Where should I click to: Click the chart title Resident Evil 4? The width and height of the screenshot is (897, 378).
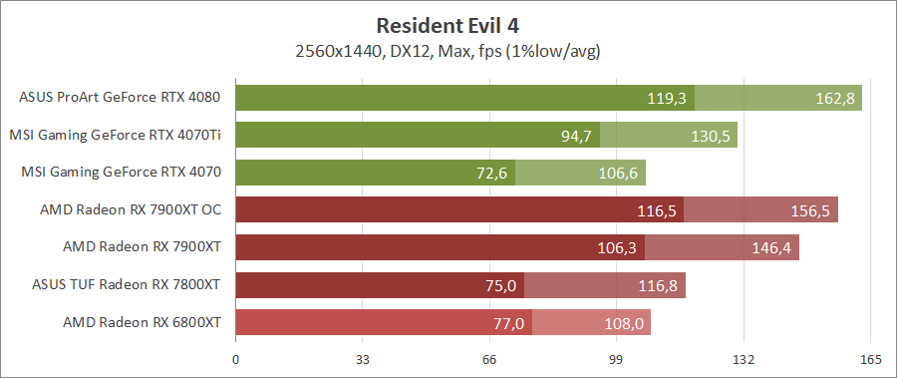[x=448, y=25]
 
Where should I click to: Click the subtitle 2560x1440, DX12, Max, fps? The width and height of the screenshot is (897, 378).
[x=448, y=50]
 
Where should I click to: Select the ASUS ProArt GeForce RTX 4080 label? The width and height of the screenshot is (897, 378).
[x=120, y=98]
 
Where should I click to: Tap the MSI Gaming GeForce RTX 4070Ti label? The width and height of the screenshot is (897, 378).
[x=115, y=135]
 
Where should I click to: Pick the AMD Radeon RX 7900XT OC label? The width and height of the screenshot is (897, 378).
[x=130, y=210]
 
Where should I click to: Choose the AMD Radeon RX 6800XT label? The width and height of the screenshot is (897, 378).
[x=142, y=322]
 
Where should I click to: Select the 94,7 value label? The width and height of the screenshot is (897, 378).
[x=576, y=136]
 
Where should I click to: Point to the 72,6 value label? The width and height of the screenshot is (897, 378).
[x=492, y=174]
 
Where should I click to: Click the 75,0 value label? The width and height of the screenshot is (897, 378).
[x=500, y=286]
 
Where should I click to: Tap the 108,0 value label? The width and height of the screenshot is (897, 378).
[x=626, y=324]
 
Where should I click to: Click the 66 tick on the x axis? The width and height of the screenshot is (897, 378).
[x=489, y=359]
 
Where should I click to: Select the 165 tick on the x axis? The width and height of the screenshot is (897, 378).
[x=870, y=359]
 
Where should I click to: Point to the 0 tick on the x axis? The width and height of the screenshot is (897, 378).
[x=235, y=359]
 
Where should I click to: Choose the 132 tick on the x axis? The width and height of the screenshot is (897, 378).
[x=744, y=359]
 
